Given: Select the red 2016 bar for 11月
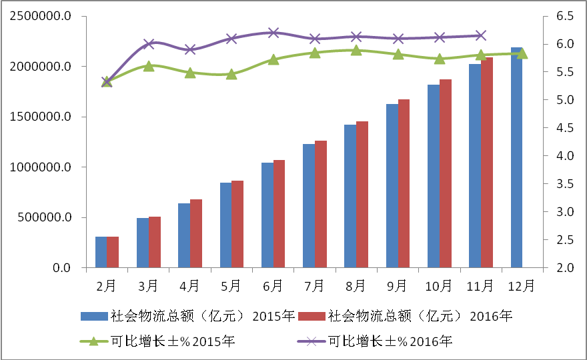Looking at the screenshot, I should pyautogui.click(x=487, y=163).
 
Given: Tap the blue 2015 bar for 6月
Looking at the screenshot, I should pyautogui.click(x=267, y=215).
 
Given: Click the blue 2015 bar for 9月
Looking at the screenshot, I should pyautogui.click(x=392, y=186).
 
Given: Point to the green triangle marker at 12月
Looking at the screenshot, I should pyautogui.click(x=522, y=53).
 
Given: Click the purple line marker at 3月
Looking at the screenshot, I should pyautogui.click(x=149, y=44).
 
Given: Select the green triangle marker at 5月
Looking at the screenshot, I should pyautogui.click(x=231, y=74).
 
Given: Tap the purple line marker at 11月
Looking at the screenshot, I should pyautogui.click(x=481, y=36).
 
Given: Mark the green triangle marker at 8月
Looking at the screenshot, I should pyautogui.click(x=356, y=50).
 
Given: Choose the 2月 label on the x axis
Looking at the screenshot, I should pyautogui.click(x=107, y=285).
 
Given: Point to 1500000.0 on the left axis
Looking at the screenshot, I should pyautogui.click(x=41, y=117).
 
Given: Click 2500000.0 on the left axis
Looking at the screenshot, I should pyautogui.click(x=41, y=16).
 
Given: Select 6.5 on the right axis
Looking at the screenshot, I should pyautogui.click(x=564, y=16).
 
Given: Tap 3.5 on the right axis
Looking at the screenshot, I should pyautogui.click(x=564, y=184).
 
